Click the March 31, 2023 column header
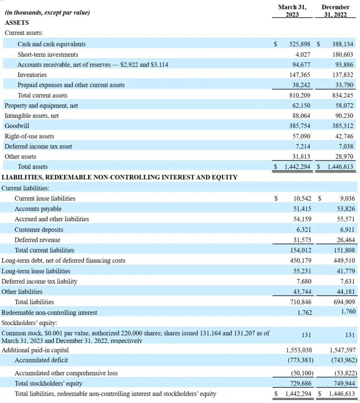[292, 11]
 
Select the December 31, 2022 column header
[335, 11]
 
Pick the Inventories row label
[32, 75]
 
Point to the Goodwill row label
[17, 126]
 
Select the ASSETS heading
[17, 23]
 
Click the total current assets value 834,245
[342, 95]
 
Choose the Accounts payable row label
[38, 209]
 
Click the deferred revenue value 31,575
[302, 240]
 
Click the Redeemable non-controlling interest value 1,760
[348, 311]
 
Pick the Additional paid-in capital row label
[35, 350]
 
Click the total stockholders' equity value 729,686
[300, 383]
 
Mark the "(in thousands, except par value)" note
[47, 13]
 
